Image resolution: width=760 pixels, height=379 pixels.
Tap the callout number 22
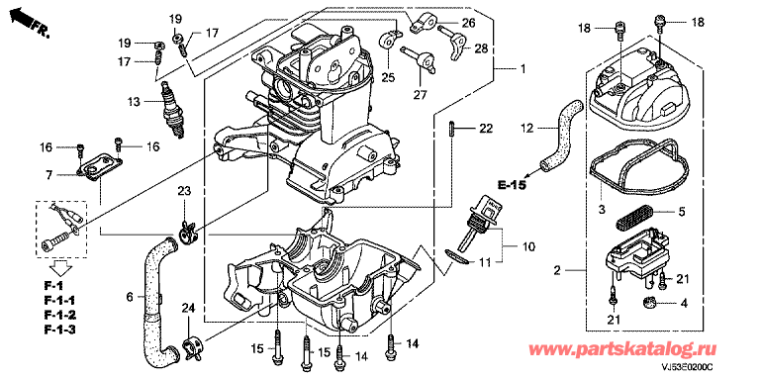(486, 129)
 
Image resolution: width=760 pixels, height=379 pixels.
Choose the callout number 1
(522, 69)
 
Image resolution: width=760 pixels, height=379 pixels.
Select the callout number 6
(130, 296)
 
